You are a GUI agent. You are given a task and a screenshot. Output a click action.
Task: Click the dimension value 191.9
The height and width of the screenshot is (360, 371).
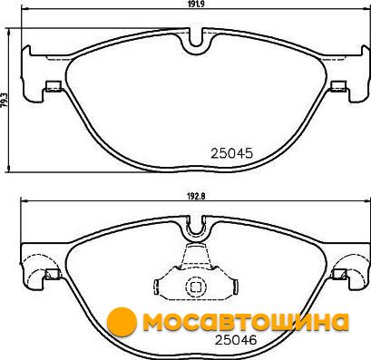coord(195,4)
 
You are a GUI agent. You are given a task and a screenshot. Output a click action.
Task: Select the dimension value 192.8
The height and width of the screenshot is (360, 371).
coord(195,196)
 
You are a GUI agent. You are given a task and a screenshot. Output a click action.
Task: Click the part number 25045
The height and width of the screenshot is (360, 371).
coord(231,153)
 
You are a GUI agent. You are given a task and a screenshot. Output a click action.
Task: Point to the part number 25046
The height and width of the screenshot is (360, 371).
coord(236,340)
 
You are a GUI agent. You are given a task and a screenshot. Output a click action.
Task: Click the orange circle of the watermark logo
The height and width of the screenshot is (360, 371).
coord(122,322)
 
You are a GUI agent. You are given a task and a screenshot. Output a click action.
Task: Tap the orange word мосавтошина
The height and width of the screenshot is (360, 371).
coord(245,322)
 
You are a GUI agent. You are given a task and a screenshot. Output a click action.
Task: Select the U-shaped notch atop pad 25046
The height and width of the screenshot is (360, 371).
coord(196,229)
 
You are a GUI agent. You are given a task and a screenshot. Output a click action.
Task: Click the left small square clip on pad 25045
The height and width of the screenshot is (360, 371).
coord(54,86)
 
